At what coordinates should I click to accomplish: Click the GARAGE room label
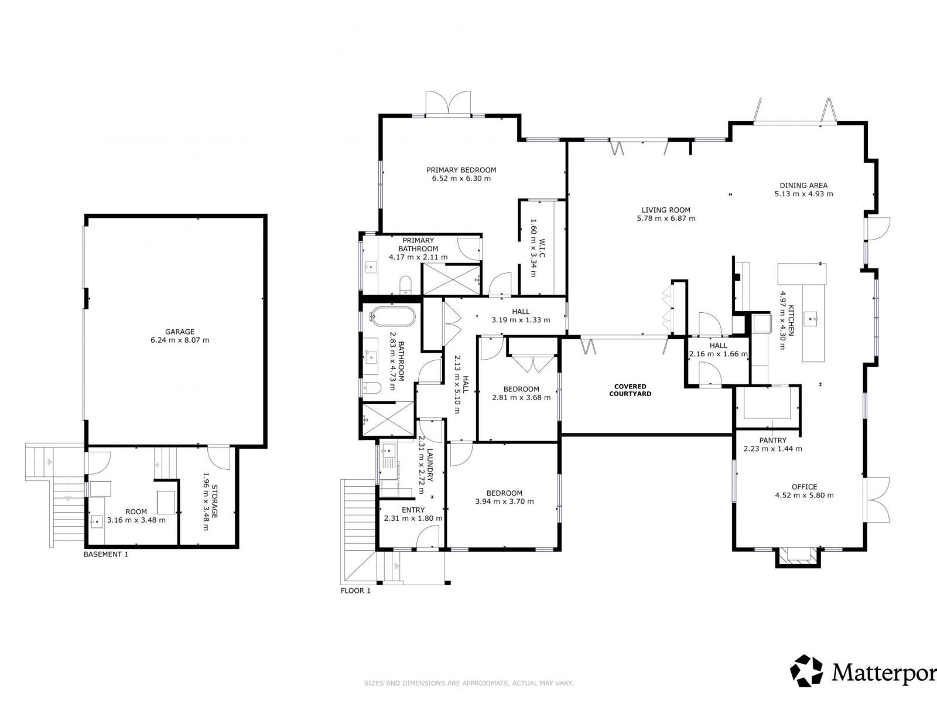click(x=180, y=332)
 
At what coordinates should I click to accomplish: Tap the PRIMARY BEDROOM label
click(x=461, y=170)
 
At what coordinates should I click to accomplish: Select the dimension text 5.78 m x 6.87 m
click(x=666, y=219)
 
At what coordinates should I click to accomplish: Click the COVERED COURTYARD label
click(x=630, y=390)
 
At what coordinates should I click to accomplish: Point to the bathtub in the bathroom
click(x=393, y=317)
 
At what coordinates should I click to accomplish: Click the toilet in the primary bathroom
click(x=406, y=286)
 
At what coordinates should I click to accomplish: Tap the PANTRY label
click(x=772, y=441)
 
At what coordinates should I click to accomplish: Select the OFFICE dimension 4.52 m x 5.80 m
click(x=804, y=495)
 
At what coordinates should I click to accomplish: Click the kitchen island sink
click(x=813, y=319)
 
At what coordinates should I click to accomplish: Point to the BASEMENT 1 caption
click(x=106, y=554)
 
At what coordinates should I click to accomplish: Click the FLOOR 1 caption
click(x=355, y=591)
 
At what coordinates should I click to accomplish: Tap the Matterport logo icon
click(x=806, y=671)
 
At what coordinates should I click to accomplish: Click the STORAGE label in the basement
click(x=215, y=501)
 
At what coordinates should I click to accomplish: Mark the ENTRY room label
click(x=413, y=510)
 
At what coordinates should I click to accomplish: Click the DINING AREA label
click(x=803, y=185)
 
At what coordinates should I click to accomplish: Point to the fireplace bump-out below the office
click(x=795, y=557)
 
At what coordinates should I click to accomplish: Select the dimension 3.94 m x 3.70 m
click(x=504, y=501)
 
